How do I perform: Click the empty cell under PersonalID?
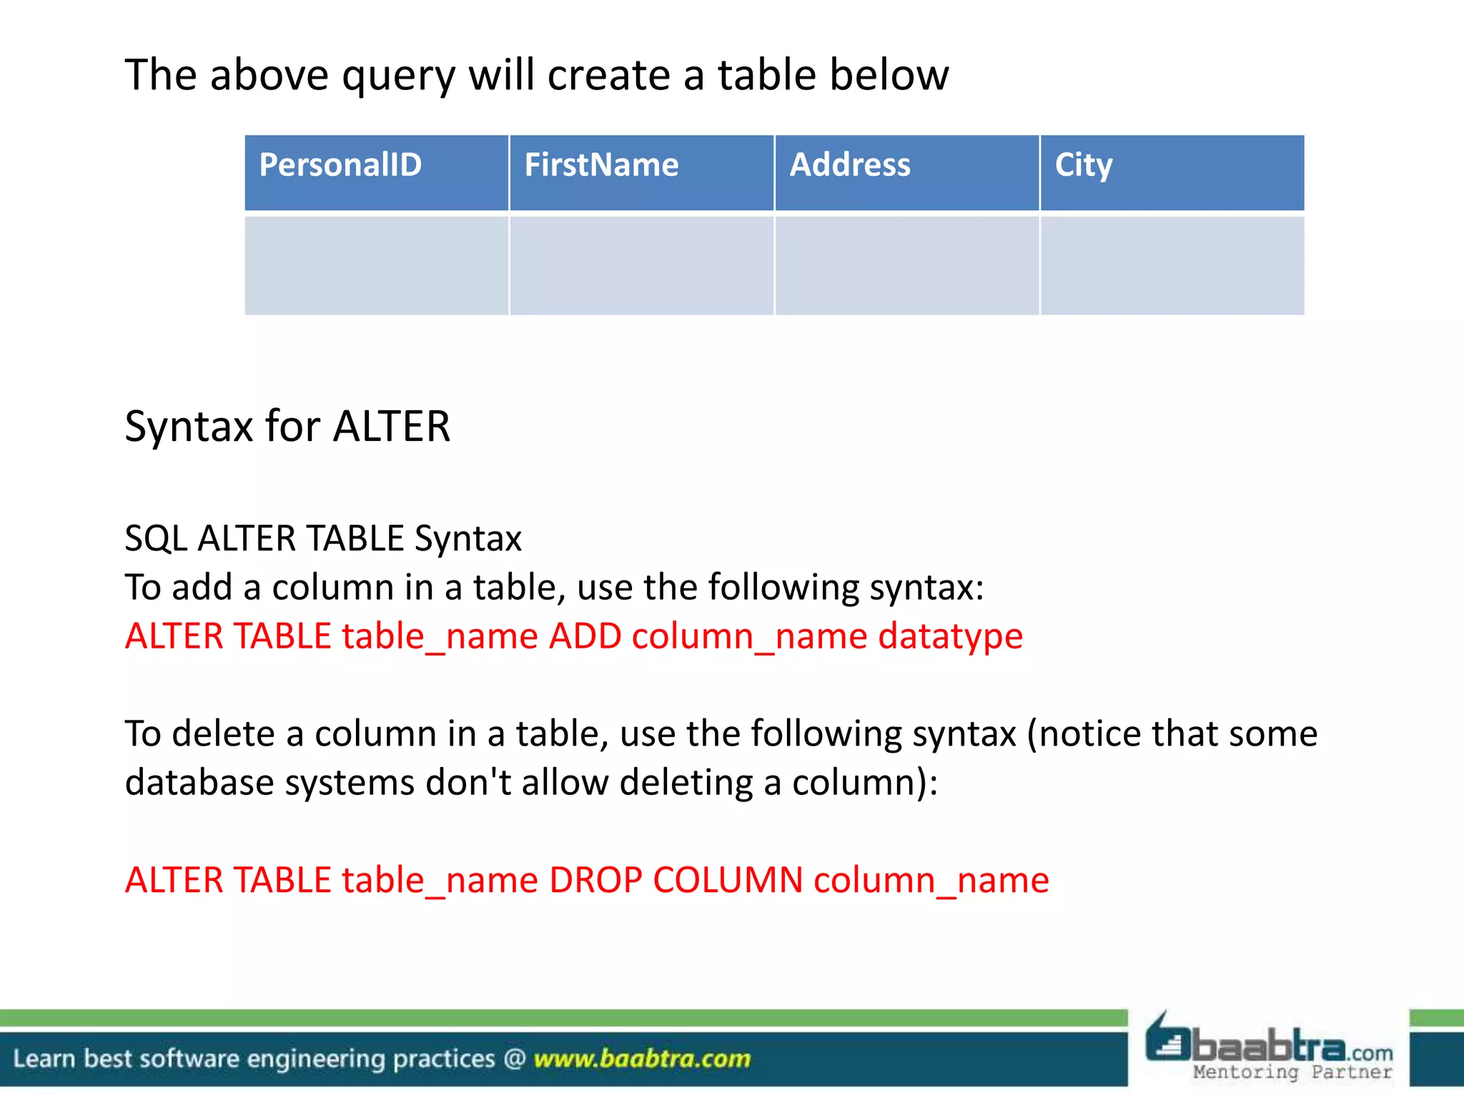point(377,265)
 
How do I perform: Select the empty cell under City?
point(1172,265)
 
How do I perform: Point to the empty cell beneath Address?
point(906,265)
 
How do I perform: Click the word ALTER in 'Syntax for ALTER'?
point(392,427)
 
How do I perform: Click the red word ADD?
point(585,636)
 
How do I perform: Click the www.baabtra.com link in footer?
point(642,1059)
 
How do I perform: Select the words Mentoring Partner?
point(1292,1072)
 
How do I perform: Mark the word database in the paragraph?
point(199,783)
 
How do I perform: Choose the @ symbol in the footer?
point(515,1059)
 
